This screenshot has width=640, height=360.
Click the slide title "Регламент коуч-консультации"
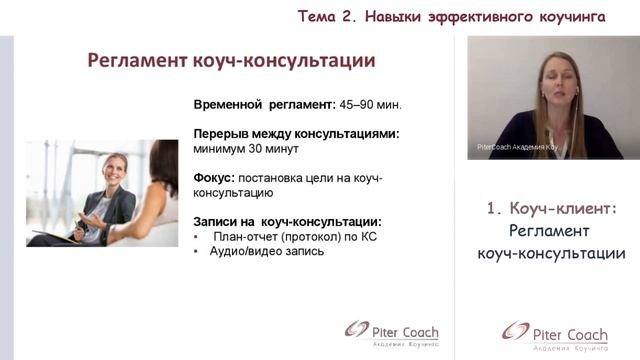(231, 61)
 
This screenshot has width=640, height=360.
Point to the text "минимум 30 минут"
(246, 148)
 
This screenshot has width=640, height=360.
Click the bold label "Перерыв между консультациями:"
(296, 133)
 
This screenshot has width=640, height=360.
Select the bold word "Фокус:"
(215, 177)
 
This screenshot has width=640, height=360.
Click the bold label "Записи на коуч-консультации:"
(287, 221)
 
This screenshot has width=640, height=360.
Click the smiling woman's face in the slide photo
(112, 171)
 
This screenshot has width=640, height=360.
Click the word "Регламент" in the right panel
(551, 231)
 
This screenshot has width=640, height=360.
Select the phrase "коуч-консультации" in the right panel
(551, 254)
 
